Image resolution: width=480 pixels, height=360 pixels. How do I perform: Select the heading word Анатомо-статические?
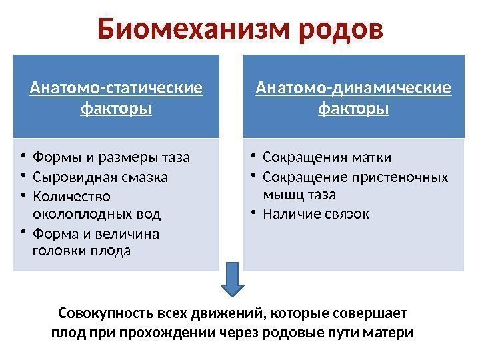click(116, 88)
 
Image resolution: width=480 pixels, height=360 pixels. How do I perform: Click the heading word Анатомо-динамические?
click(353, 88)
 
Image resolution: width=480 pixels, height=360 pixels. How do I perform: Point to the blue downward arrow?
click(232, 279)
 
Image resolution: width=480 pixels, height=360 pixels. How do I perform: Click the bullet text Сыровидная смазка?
click(100, 177)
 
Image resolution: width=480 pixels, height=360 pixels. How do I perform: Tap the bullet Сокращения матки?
click(327, 157)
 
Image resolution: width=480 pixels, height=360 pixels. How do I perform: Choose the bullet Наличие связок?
click(316, 214)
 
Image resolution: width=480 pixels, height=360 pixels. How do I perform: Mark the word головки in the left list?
click(55, 251)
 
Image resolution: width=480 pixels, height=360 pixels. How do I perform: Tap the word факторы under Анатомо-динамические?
click(353, 107)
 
